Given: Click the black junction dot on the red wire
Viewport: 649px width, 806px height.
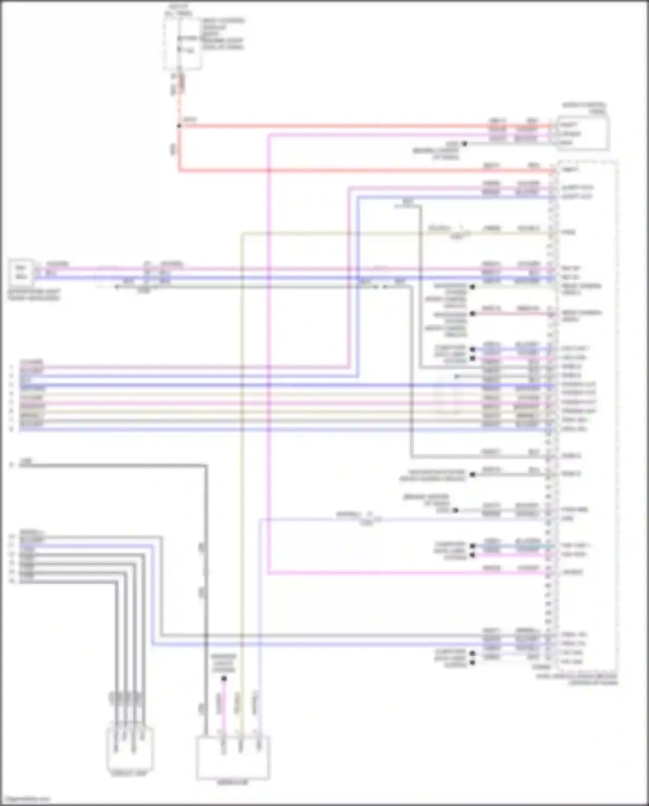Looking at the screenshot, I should [x=179, y=126].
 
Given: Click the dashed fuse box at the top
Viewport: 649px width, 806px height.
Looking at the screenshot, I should [x=182, y=43].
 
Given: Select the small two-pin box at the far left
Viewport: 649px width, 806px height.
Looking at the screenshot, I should [x=21, y=272].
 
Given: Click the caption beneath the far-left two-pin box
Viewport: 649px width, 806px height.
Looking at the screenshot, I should [x=33, y=295].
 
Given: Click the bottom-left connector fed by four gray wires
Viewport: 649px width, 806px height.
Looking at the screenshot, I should [x=130, y=748].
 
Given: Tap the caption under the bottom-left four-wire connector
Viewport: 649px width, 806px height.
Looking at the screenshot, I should [x=129, y=773].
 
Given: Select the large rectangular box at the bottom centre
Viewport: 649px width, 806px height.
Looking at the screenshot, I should [x=233, y=758].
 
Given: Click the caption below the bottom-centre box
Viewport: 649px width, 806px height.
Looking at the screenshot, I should [x=232, y=783].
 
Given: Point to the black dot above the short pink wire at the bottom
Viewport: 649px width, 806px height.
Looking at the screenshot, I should [x=224, y=679].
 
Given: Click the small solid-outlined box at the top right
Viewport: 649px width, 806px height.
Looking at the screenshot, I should [x=583, y=133].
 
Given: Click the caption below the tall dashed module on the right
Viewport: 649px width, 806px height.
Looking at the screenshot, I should [x=578, y=679].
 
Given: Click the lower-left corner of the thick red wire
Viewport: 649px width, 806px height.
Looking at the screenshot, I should [x=179, y=170].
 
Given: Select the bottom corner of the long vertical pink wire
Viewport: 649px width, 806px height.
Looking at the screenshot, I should [x=268, y=573].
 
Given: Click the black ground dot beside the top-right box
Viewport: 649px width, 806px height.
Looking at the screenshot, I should [x=464, y=143].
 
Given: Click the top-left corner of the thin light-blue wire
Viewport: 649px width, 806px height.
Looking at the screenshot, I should [x=260, y=519].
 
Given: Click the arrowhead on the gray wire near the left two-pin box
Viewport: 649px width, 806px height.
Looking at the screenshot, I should [x=116, y=286].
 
